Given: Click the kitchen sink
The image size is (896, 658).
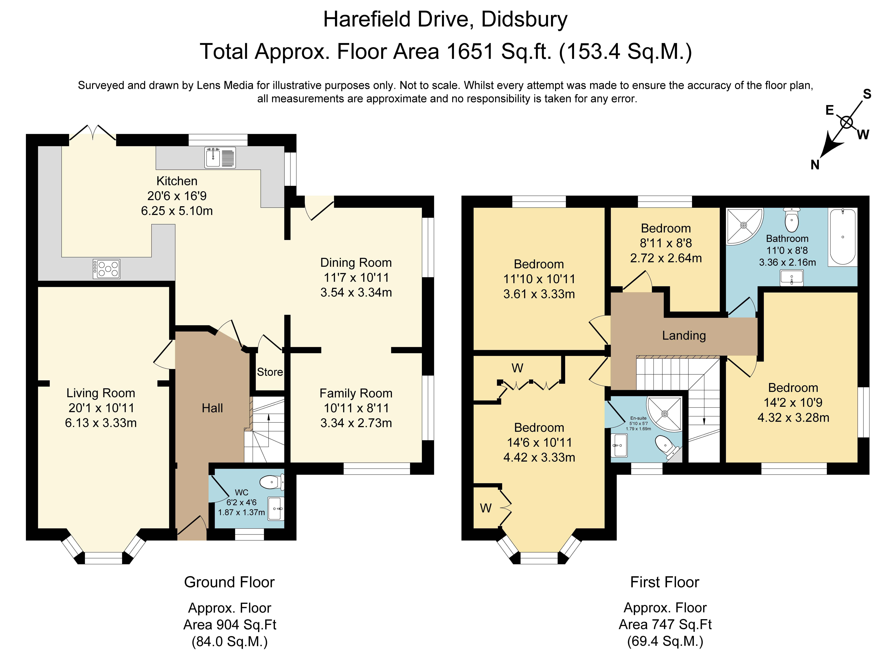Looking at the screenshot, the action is [220, 157].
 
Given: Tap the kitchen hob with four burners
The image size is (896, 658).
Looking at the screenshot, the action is [106, 269].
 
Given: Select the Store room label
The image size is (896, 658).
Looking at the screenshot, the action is [270, 372].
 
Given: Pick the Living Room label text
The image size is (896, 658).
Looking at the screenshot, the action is [101, 393].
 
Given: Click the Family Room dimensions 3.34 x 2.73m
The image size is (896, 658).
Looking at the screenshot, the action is [356, 423].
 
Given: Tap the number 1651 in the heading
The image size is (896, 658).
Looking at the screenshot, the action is [470, 52].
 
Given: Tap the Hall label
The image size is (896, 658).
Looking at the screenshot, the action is [212, 408].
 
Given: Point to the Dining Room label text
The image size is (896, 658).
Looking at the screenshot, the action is [356, 263].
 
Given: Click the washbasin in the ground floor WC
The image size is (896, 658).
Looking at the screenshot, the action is [276, 509].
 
